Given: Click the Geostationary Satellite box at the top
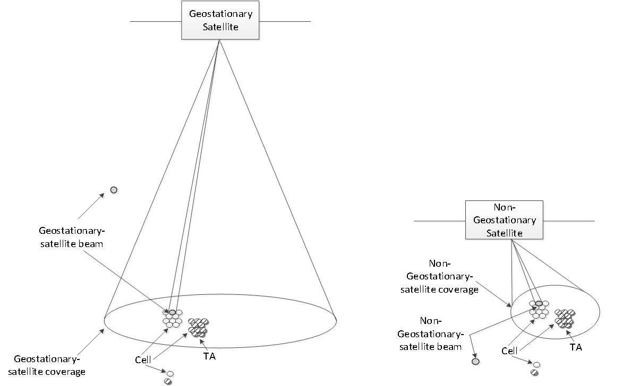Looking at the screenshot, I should tap(220, 21).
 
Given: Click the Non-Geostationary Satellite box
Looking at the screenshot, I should tap(505, 220).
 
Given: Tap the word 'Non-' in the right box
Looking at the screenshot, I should tap(505, 208).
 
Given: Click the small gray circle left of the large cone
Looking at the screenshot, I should tap(114, 190).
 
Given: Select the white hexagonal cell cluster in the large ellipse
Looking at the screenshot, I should tap(173, 319).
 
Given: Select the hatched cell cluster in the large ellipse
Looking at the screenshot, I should tap(198, 327).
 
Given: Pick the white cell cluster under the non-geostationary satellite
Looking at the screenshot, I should tap(539, 310).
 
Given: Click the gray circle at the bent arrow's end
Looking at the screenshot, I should tap(476, 362).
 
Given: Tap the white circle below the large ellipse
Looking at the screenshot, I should tap(172, 374).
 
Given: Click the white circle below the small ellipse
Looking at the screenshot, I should tap(538, 365).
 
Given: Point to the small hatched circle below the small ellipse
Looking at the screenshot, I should tap(533, 372).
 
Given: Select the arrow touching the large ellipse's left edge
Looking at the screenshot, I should tap(92, 342).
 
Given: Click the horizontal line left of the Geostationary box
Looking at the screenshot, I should tap(156, 22).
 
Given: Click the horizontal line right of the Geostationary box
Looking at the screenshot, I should tap(285, 22).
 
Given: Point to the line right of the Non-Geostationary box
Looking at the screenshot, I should tap(569, 222).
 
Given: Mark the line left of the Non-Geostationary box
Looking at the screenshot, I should tap(440, 222).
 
